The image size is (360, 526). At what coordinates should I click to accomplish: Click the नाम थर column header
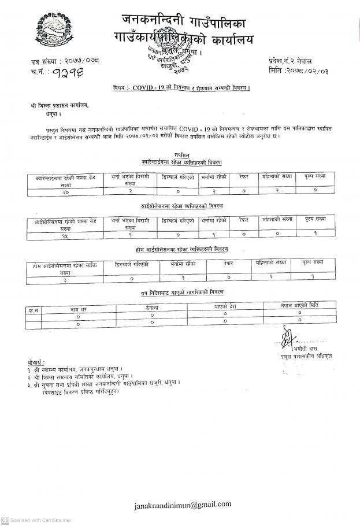coord(79,309)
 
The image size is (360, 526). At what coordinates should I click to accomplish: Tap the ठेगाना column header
coord(152,308)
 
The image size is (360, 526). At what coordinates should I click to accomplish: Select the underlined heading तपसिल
coord(181,154)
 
